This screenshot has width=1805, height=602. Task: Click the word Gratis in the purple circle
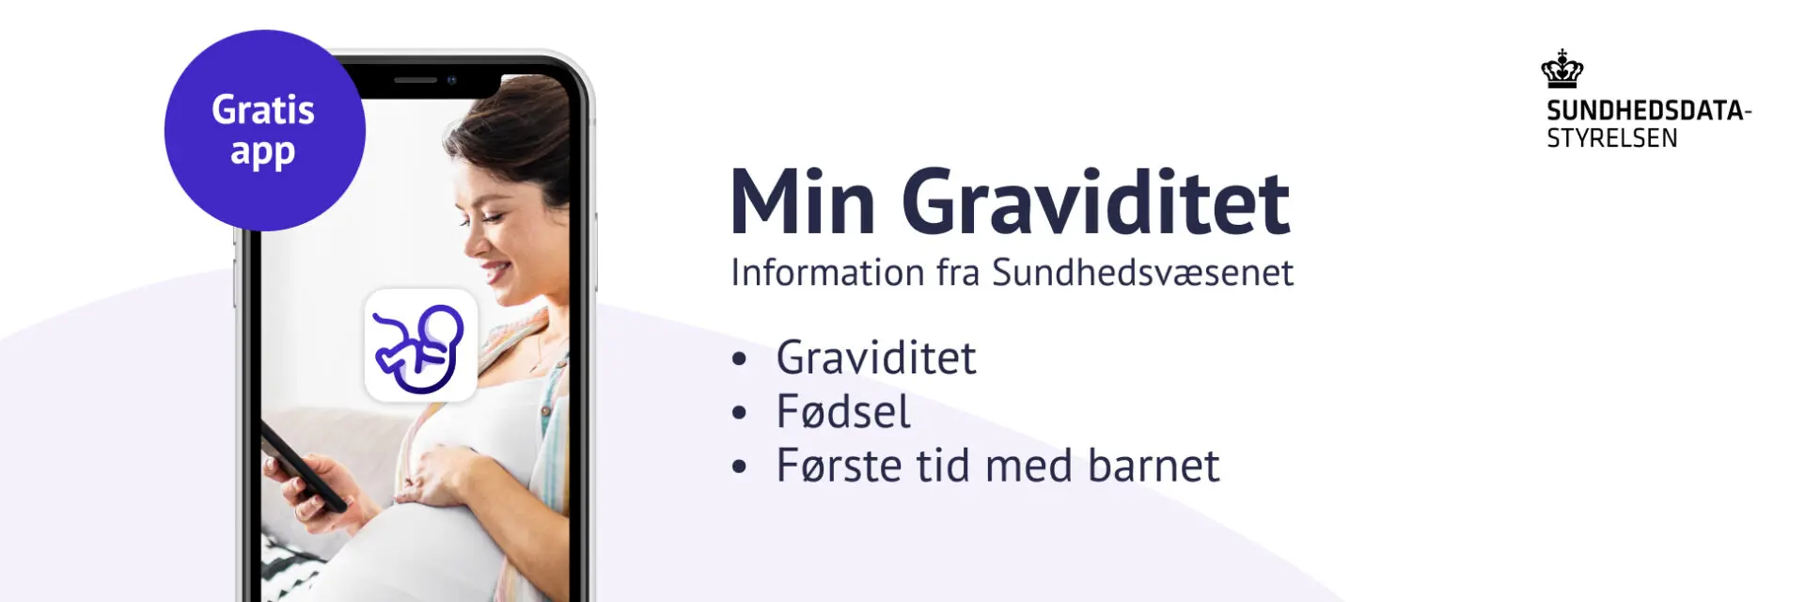pyautogui.click(x=263, y=110)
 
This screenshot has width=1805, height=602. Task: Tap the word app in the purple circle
pyautogui.click(x=263, y=152)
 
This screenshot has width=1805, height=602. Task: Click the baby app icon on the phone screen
pyautogui.click(x=420, y=345)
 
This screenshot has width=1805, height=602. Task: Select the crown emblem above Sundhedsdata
pyautogui.click(x=1562, y=69)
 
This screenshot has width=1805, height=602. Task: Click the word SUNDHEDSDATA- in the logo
pyautogui.click(x=1649, y=110)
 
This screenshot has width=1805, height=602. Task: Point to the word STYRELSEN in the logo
pyautogui.click(x=1612, y=138)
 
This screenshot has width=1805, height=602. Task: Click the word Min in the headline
pyautogui.click(x=803, y=201)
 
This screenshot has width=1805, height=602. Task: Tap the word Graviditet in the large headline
pyautogui.click(x=1096, y=201)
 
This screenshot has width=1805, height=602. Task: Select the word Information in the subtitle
pyautogui.click(x=828, y=273)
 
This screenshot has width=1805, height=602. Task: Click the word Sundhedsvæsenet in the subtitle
pyautogui.click(x=1143, y=273)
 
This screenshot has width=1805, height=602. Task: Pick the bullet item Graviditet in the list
pyautogui.click(x=876, y=358)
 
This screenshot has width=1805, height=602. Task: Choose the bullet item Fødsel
pyautogui.click(x=843, y=412)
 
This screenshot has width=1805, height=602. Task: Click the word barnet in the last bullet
pyautogui.click(x=1154, y=466)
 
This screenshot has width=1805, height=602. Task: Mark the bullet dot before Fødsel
pyautogui.click(x=740, y=412)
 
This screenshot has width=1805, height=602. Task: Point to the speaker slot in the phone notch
pyautogui.click(x=416, y=80)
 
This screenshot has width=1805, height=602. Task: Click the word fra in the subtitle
pyautogui.click(x=958, y=273)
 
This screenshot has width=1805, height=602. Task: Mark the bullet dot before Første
pyautogui.click(x=740, y=466)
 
